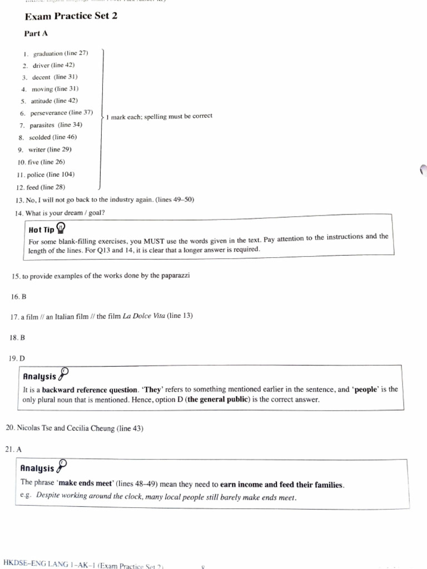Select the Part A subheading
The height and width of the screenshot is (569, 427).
pos(36,34)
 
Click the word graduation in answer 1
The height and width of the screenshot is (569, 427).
pos(48,54)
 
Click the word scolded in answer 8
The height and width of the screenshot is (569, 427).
pos(39,137)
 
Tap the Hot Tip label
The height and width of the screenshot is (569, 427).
pos(42,229)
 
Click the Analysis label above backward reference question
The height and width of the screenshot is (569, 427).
pos(39,376)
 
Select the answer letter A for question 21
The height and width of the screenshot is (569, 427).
pos(18,448)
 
